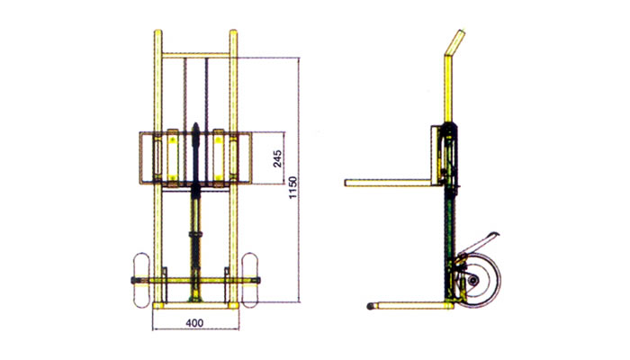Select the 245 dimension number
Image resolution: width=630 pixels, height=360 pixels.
[278, 159]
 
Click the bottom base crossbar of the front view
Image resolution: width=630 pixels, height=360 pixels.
[195, 305]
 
